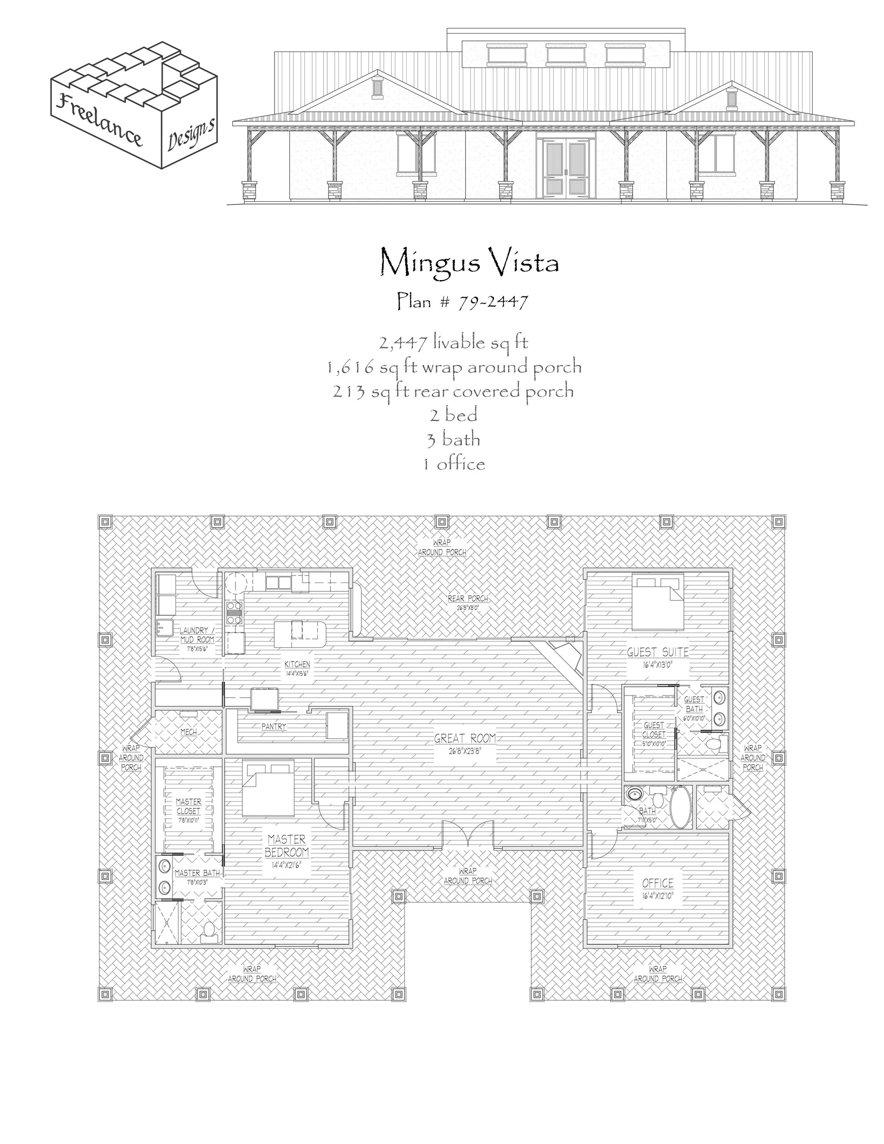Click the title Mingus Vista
469,262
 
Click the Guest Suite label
658,652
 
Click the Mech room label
188,732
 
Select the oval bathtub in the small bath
680,807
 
